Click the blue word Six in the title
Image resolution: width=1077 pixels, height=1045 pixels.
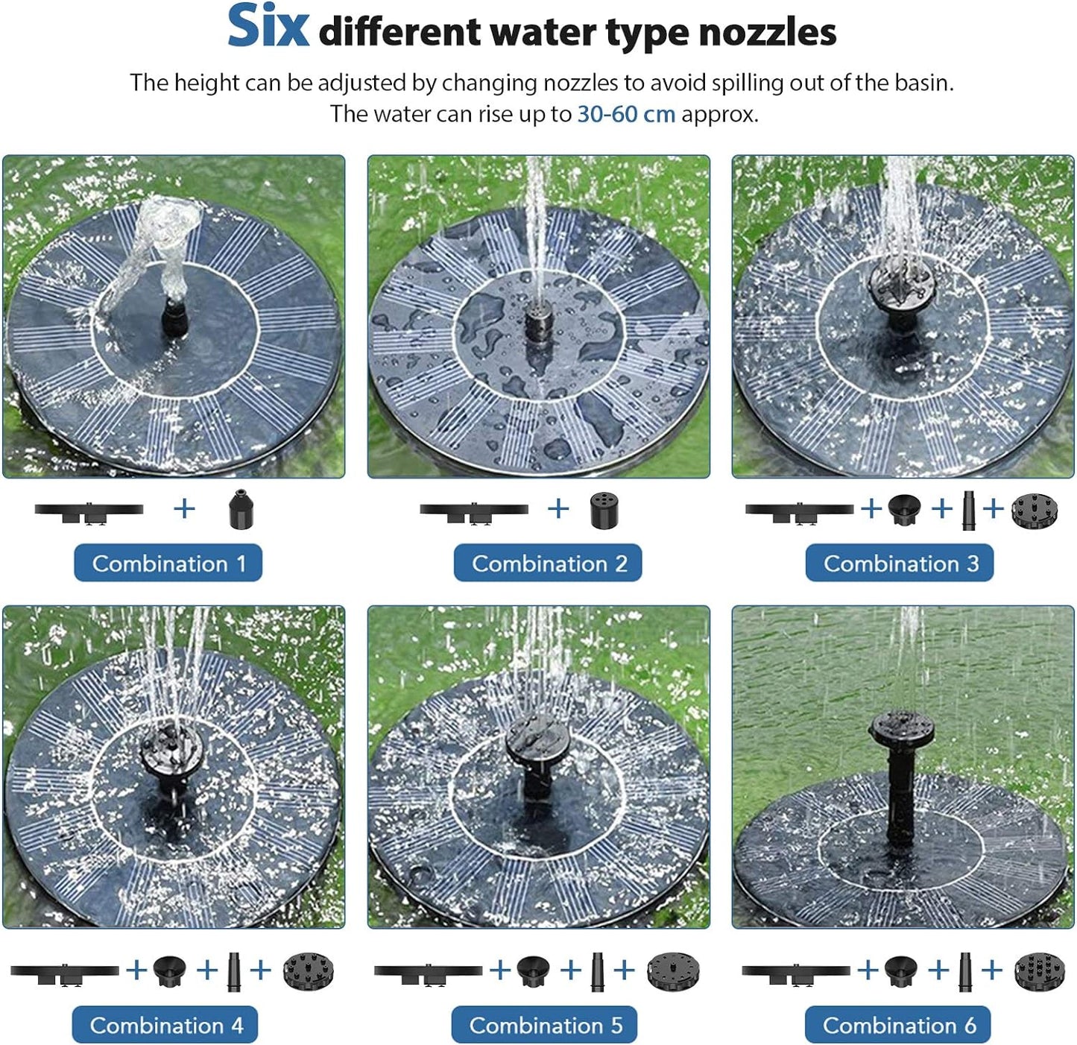coord(268,27)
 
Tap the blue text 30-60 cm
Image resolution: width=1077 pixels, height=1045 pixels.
coord(626,114)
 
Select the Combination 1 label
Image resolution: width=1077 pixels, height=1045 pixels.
coord(168,563)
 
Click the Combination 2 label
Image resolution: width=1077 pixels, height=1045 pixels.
coord(548,563)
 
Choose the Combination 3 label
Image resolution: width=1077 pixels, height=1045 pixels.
coord(900,563)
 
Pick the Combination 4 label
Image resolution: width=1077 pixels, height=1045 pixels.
coord(165,1025)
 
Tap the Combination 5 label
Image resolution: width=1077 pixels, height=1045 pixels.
coord(545,1025)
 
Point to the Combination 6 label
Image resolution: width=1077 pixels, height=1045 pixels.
coord(898,1025)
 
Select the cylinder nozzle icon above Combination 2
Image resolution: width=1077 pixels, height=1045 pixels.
coord(602,510)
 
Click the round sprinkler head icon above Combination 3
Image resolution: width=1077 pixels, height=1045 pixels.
coord(1035,511)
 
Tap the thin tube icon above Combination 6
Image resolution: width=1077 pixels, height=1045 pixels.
coord(965,970)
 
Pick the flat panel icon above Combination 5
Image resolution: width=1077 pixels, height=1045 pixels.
coord(428,971)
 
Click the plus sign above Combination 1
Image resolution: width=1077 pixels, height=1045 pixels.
coord(184,508)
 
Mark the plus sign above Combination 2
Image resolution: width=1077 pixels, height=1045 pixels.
coord(558,508)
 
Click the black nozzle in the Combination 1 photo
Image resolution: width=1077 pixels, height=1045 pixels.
coord(174,317)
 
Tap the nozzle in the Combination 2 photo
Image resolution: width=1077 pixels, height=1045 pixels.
coord(537,323)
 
